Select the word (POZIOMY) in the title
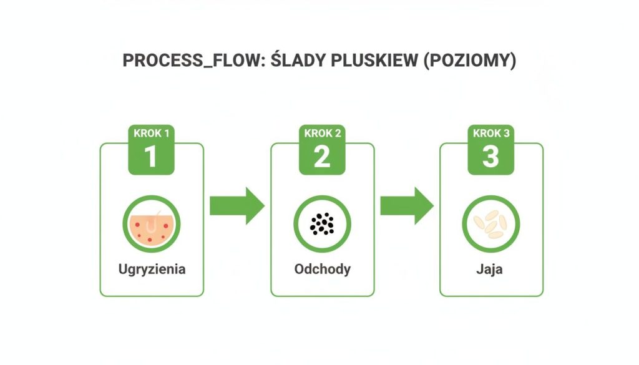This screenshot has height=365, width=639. [469, 61]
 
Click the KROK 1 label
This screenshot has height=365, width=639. [151, 134]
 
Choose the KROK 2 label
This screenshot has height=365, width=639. [322, 134]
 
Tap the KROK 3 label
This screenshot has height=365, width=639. [491, 134]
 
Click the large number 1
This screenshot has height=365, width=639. [151, 156]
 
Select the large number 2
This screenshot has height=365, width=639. [322, 156]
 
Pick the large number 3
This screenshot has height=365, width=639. [491, 156]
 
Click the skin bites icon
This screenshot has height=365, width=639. [151, 225]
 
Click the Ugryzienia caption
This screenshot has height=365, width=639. [152, 270]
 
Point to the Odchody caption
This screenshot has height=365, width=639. [322, 270]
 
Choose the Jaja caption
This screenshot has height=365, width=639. [491, 270]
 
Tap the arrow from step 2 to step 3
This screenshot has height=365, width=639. [407, 205]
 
